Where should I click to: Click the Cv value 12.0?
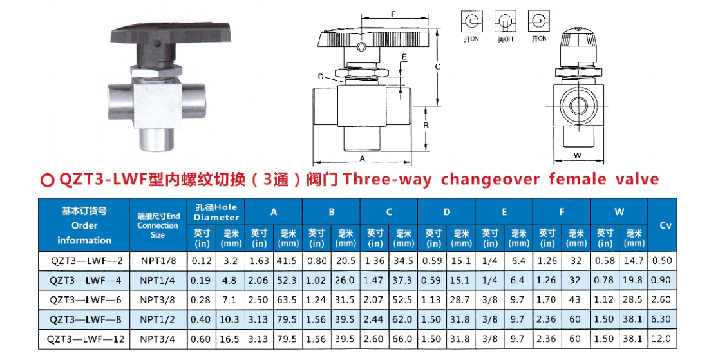click(x=661, y=339)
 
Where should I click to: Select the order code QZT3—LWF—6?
click(x=86, y=300)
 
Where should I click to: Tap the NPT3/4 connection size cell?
click(x=157, y=339)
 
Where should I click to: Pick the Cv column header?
click(x=666, y=225)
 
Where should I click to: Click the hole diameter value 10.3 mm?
click(x=229, y=319)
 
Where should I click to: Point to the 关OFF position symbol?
click(x=506, y=26)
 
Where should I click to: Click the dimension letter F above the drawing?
click(x=393, y=14)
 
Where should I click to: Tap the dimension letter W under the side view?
click(x=578, y=156)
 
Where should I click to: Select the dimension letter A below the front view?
click(x=362, y=158)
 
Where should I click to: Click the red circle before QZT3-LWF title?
click(x=48, y=180)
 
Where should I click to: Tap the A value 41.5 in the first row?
click(x=287, y=261)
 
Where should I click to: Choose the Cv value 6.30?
click(x=661, y=319)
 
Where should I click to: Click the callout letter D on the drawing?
click(x=321, y=77)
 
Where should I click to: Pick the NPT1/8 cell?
click(x=157, y=261)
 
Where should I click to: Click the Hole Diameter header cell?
click(x=216, y=212)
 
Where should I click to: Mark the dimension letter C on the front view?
click(x=438, y=66)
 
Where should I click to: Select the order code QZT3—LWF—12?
click(x=86, y=339)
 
